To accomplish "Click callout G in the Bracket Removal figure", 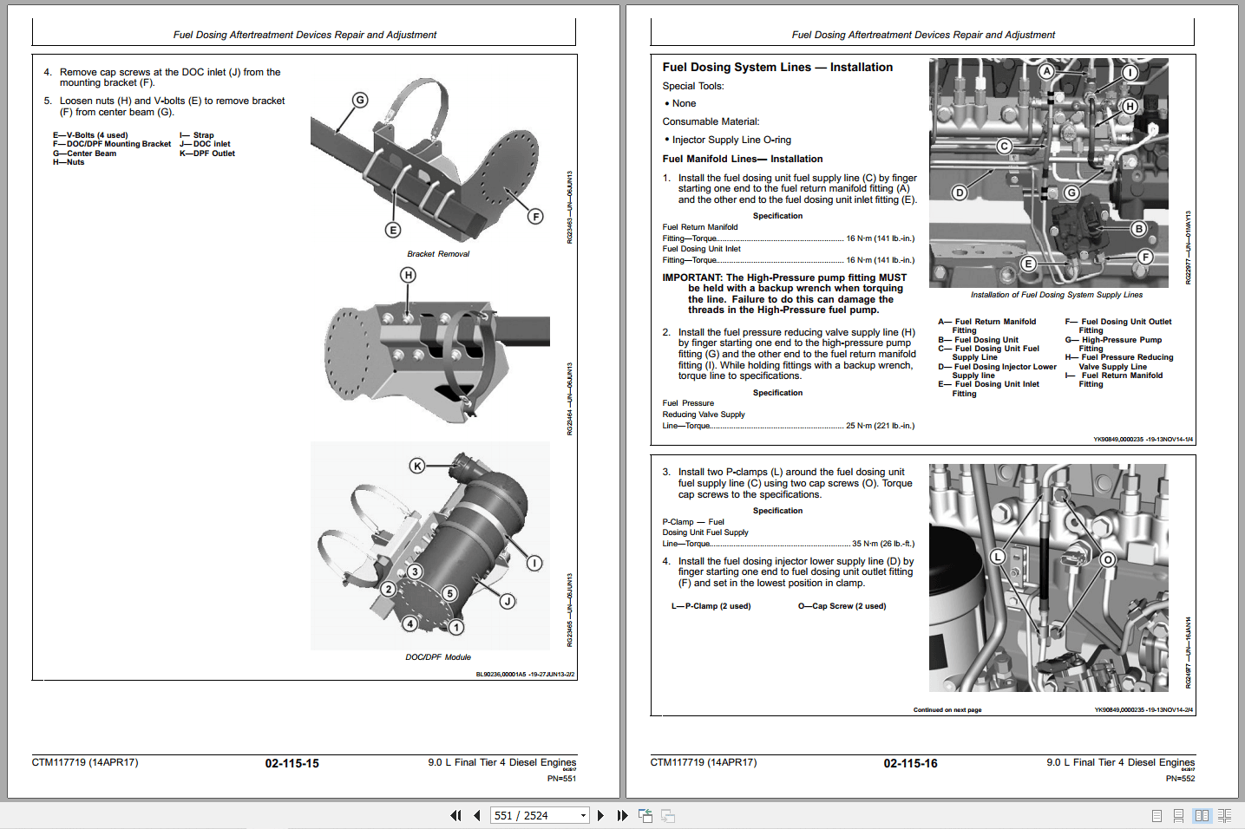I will click(x=359, y=100).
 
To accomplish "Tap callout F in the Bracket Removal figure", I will click(x=535, y=217).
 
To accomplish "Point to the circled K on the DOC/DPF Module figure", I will click(x=417, y=466).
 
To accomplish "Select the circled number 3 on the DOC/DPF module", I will click(x=415, y=571).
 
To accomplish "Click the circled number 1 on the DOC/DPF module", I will click(x=456, y=627).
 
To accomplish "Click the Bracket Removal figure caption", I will click(x=438, y=254).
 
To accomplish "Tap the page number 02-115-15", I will click(x=292, y=764).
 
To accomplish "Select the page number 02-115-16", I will click(x=910, y=764).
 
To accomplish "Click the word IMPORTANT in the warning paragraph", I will click(x=691, y=277).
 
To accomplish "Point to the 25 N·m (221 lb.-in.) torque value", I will click(x=880, y=426).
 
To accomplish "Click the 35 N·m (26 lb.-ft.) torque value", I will click(x=882, y=544).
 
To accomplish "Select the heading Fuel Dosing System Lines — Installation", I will click(x=777, y=67).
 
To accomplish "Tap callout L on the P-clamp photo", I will click(x=998, y=557).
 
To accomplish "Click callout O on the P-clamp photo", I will click(x=1108, y=560).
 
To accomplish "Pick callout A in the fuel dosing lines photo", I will click(x=1047, y=71).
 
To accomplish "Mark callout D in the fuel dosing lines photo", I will click(x=960, y=193).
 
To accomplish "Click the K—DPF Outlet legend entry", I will click(x=207, y=153).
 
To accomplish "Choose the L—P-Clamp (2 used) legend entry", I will click(x=711, y=606).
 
